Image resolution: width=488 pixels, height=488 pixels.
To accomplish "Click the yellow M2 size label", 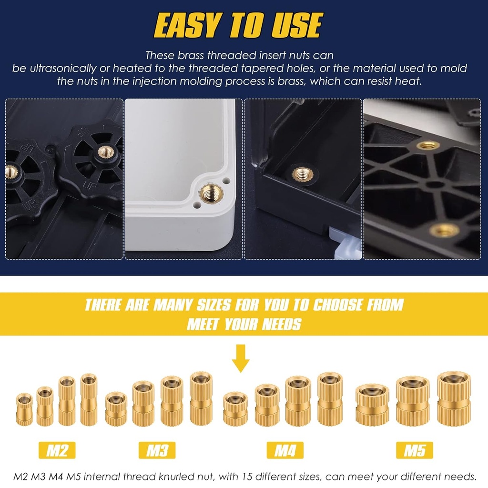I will pyautogui.click(x=57, y=450).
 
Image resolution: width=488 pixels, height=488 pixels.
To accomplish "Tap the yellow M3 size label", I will pyautogui.click(x=157, y=450).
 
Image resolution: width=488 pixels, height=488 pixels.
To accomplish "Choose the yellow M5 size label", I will pyautogui.click(x=415, y=450).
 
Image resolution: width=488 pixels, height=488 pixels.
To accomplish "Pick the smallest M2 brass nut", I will pyautogui.click(x=24, y=409).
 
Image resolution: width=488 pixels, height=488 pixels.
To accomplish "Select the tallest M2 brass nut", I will pyautogui.click(x=89, y=399).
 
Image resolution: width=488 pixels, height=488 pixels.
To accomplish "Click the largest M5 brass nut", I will pyautogui.click(x=453, y=398).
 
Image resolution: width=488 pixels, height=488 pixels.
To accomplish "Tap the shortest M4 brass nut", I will pyautogui.click(x=235, y=408).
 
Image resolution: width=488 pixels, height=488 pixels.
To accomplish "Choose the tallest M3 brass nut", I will pyautogui.click(x=201, y=398).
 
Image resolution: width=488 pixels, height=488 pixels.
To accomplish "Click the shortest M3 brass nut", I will pyautogui.click(x=116, y=408).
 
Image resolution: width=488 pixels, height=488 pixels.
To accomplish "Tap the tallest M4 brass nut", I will pyautogui.click(x=330, y=398).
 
